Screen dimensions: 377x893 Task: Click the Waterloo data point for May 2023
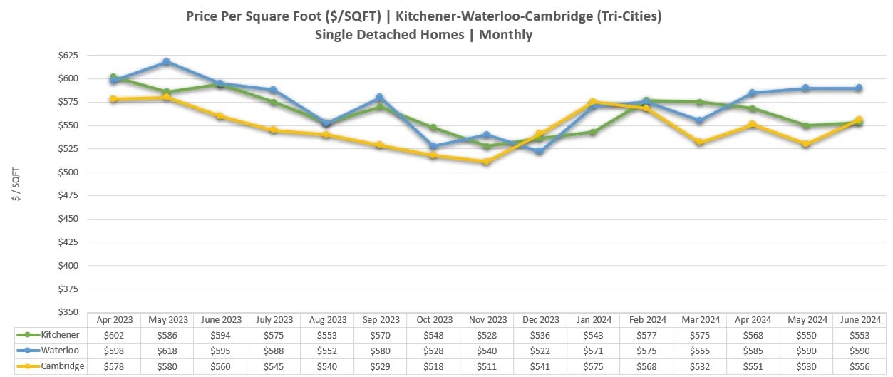pyautogui.click(x=166, y=62)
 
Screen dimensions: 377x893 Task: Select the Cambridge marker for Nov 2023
pyautogui.click(x=486, y=162)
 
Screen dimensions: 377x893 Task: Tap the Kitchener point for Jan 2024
pyautogui.click(x=592, y=132)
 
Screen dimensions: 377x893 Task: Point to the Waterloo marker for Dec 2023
pyautogui.click(x=539, y=152)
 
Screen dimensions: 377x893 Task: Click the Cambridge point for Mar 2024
pyautogui.click(x=699, y=142)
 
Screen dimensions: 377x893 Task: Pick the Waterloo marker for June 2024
pyautogui.click(x=859, y=88)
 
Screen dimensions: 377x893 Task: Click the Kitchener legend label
pyautogui.click(x=60, y=335)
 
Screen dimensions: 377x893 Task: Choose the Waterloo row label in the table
pyautogui.click(x=60, y=351)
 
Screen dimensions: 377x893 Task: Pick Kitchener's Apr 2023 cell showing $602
pyautogui.click(x=113, y=335)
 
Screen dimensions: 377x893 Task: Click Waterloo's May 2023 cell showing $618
pyautogui.click(x=167, y=351)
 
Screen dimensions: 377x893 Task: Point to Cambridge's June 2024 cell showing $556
pyautogui.click(x=860, y=366)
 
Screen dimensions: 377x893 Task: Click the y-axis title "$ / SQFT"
pyautogui.click(x=16, y=184)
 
